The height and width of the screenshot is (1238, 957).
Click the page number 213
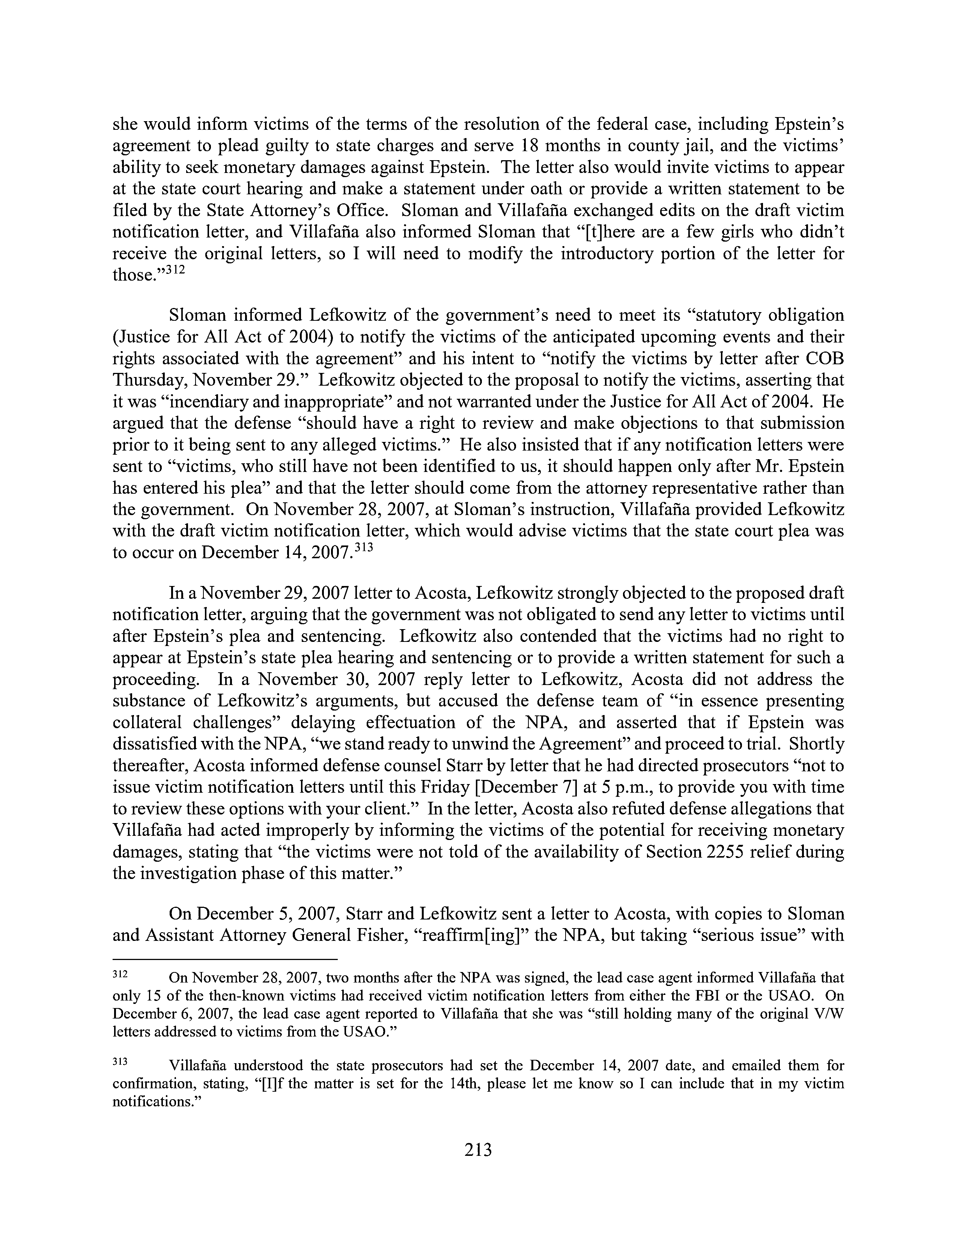tap(478, 1150)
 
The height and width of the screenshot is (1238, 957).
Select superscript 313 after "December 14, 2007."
tap(361, 548)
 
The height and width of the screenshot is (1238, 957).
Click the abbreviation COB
tap(825, 359)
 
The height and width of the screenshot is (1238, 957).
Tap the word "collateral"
tap(149, 723)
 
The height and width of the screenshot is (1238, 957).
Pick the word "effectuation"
tap(430, 723)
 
